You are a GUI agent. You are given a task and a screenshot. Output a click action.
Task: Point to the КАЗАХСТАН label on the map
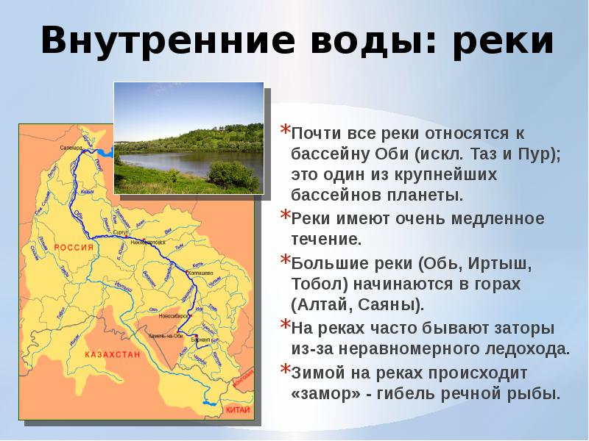point(113,354)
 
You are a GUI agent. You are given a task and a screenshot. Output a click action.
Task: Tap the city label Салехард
point(72,148)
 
